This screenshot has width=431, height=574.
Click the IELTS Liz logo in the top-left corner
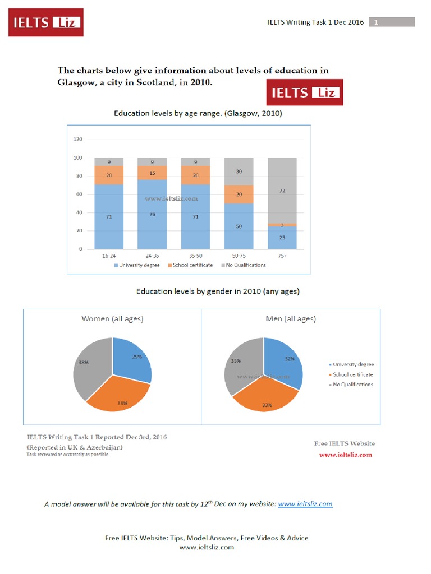[x=45, y=22]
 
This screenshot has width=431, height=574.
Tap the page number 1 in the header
[x=376, y=22]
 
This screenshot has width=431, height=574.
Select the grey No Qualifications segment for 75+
[x=282, y=191]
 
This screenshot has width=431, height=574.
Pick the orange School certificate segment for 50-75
[x=239, y=194]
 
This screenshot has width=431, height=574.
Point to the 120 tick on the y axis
[x=78, y=139]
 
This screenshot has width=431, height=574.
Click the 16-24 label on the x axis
[x=109, y=256]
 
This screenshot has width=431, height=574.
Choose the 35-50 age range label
[x=195, y=256]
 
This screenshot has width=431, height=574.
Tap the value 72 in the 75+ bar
[x=282, y=191]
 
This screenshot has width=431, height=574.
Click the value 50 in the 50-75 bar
[x=239, y=226]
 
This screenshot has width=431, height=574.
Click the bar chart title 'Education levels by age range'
[x=198, y=113]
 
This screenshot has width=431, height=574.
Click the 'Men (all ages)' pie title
[x=290, y=318]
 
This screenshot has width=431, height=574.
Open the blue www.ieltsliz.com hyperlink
[x=305, y=504]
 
